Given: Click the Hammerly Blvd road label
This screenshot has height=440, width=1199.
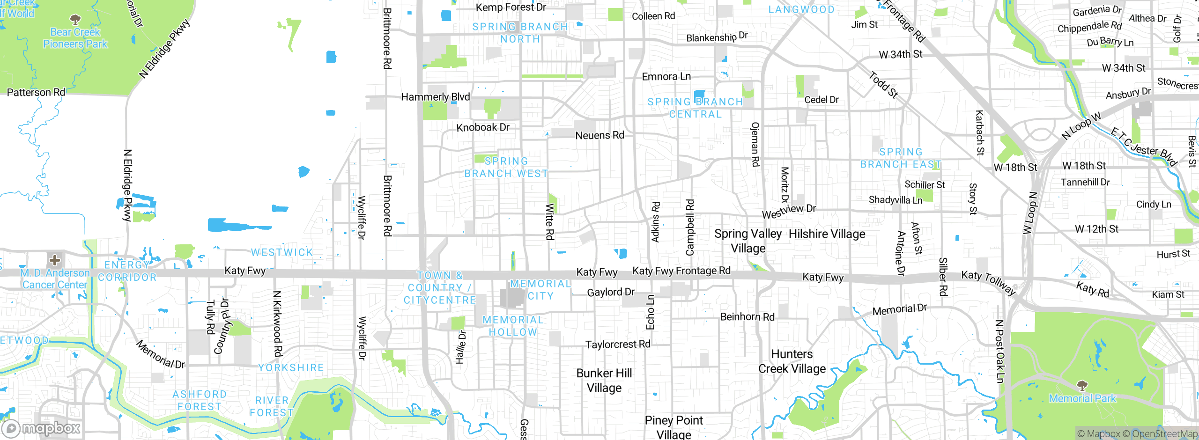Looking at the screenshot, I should click(435, 97).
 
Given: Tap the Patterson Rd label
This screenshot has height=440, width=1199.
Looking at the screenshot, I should click(36, 92).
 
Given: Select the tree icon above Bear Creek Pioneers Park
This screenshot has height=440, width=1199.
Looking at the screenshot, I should click(75, 20).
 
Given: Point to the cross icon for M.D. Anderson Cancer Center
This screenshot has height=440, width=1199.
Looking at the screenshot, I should click(55, 260).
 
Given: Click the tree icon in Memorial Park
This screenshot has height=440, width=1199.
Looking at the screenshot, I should click(1082, 386).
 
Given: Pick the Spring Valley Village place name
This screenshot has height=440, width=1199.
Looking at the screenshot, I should click(748, 241).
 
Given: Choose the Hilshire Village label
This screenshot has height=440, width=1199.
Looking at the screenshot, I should click(827, 234).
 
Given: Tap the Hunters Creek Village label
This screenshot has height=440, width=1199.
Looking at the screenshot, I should click(792, 361).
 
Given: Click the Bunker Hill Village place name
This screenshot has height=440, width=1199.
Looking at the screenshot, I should click(604, 381).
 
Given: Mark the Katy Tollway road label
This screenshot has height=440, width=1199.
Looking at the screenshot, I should click(988, 282).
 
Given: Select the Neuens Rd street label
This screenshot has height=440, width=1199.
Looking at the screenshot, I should click(599, 135).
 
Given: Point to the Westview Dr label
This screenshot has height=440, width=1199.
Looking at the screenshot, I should click(789, 211).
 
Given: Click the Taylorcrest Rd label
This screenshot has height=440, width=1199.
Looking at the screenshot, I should click(618, 345).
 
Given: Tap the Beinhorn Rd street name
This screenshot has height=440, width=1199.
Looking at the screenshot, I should click(748, 317).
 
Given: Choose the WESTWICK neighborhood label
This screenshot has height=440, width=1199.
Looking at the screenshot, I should click(282, 253).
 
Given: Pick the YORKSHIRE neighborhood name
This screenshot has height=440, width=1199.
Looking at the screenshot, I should click(291, 368).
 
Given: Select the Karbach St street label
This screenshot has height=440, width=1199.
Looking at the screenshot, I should click(979, 132).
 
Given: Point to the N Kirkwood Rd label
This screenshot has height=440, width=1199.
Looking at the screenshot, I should click(277, 323).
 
